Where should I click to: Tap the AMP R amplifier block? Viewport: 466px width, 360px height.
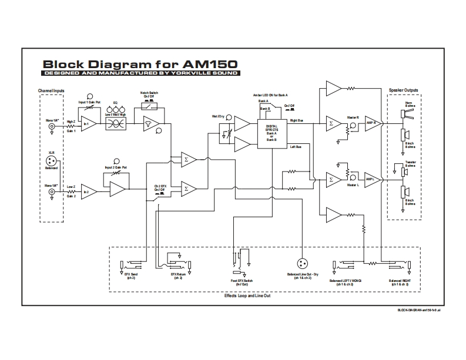(371, 123)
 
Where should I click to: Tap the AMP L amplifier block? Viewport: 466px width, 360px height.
(371, 179)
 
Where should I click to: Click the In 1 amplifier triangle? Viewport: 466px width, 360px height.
(89, 124)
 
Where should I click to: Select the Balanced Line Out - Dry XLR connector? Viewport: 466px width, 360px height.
(304, 265)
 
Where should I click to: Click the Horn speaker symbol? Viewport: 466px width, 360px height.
(405, 111)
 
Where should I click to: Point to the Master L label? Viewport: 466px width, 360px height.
(353, 186)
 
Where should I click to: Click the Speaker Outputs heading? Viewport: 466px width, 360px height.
(404, 90)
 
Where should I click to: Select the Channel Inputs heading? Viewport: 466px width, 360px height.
(51, 90)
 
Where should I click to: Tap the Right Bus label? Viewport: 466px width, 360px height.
(297, 121)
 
